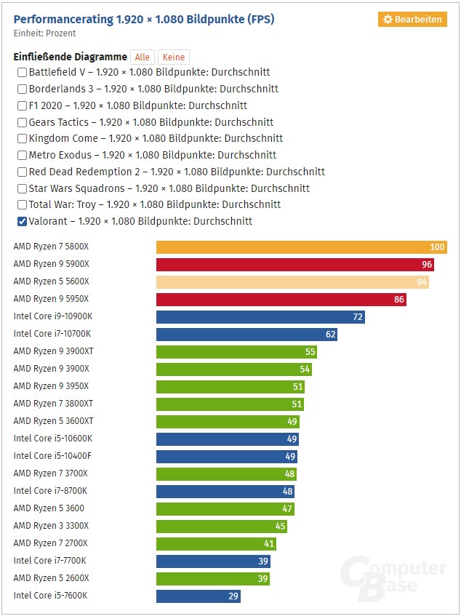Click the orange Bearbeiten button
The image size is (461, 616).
pos(412,20)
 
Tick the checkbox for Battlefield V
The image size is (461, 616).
pos(22,73)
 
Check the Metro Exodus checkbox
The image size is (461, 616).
pos(22,155)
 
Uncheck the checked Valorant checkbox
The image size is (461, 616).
pos(22,222)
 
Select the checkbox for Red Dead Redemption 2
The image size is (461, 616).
pos(22,172)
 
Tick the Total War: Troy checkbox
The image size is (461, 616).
pos(22,205)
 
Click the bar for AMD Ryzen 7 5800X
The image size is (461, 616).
pos(301,247)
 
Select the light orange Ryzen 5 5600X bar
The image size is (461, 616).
pos(292,282)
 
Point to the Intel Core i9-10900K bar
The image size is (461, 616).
pos(260,317)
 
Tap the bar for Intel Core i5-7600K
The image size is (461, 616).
pos(198,596)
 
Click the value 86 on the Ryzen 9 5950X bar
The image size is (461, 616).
pos(398,300)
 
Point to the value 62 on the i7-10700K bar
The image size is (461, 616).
pos(331,335)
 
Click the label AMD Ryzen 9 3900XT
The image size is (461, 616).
pos(52,351)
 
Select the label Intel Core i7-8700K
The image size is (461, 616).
pos(51,491)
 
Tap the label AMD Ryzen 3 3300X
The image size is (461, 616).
pos(51,526)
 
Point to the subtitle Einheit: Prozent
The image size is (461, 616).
pos(44,33)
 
